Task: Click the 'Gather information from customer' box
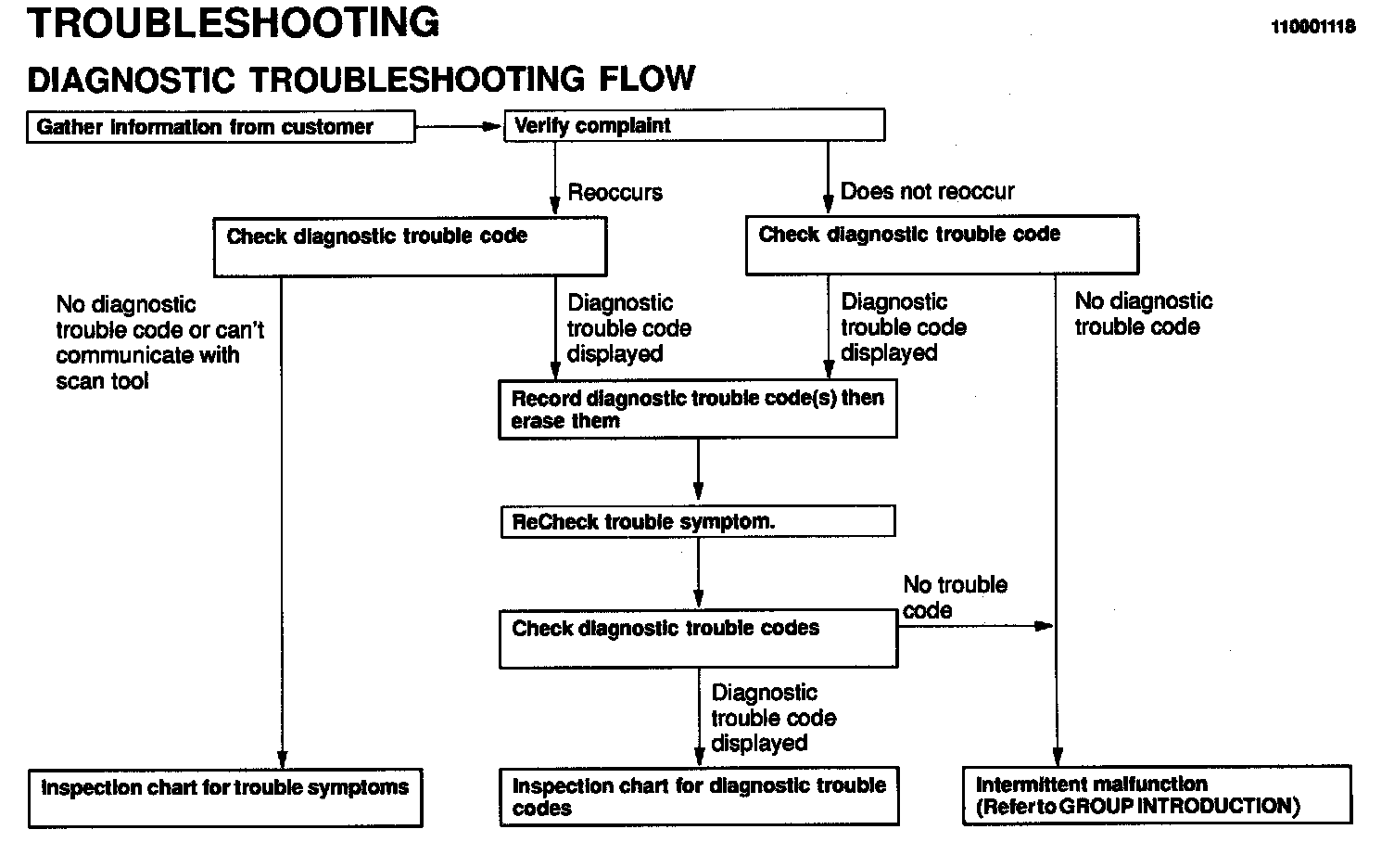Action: click(221, 127)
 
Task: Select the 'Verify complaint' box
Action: click(693, 125)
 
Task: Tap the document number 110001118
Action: click(1312, 27)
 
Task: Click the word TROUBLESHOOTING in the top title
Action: click(234, 23)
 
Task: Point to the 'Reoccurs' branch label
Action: click(615, 193)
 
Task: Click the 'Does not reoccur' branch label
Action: click(927, 192)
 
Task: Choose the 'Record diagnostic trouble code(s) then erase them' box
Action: click(697, 409)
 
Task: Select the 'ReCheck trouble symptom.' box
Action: click(697, 521)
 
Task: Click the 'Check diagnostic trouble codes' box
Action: click(697, 638)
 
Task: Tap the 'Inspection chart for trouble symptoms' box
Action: click(225, 798)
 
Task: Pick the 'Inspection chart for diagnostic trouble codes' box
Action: click(699, 797)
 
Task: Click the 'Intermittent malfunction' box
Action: click(1157, 795)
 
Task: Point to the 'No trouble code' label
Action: click(954, 597)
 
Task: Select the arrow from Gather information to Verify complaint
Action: click(459, 127)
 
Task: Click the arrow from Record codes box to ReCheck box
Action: click(698, 471)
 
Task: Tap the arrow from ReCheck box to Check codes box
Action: click(698, 573)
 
